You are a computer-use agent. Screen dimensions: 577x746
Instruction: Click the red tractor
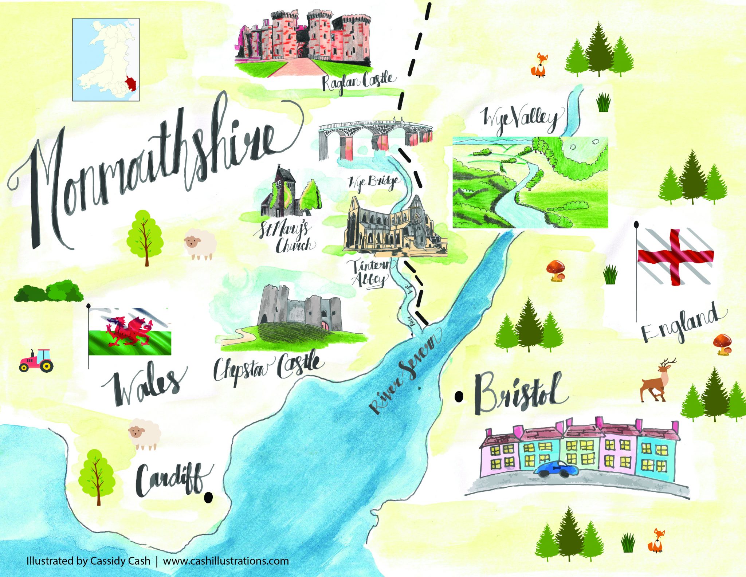(x=36, y=360)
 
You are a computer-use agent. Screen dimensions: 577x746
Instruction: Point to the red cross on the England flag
(x=676, y=257)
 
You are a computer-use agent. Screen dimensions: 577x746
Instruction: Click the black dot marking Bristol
(x=459, y=396)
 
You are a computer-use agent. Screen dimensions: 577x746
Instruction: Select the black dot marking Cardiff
(x=208, y=497)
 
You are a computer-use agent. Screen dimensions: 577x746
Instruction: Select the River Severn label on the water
(x=404, y=372)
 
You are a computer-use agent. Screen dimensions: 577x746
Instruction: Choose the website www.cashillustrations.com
(x=226, y=561)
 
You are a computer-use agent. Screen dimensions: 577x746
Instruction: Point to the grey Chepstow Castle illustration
(x=299, y=310)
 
